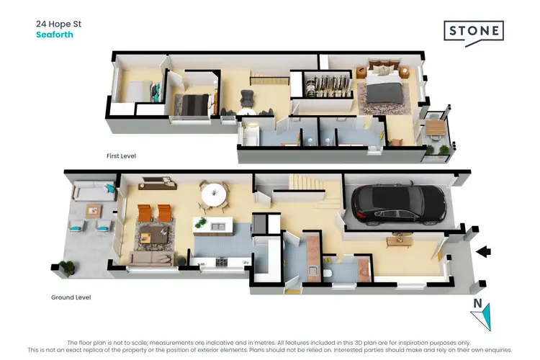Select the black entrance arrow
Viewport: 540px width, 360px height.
pos(485,251)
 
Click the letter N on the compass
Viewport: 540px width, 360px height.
pos(476,304)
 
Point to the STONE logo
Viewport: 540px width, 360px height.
pos(473,32)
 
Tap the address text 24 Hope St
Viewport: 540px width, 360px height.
pos(59,23)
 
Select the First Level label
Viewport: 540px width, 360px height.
pos(121,156)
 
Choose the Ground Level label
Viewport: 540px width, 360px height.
pos(71,297)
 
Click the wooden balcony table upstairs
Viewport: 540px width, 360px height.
pos(435,127)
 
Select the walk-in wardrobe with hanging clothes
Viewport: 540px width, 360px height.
pos(328,87)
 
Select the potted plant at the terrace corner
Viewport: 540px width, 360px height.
pos(66,266)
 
